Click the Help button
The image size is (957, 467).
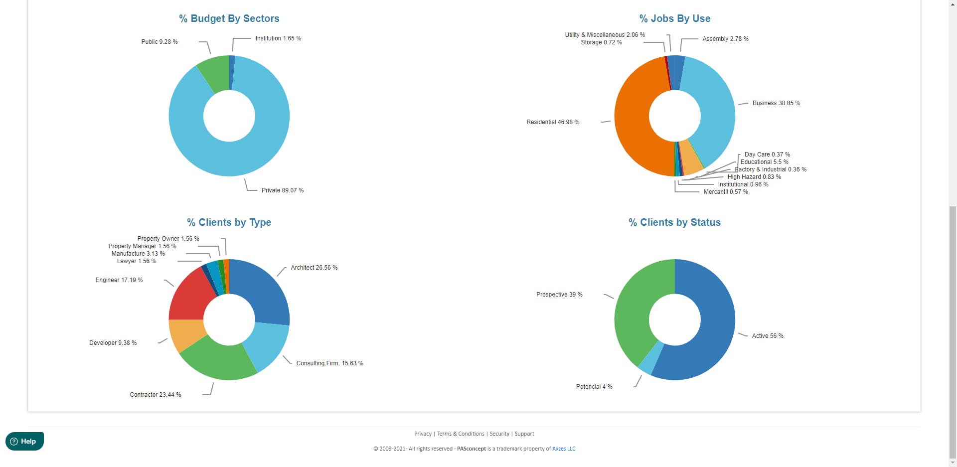[x=24, y=441]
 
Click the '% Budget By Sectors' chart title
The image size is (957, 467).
[x=229, y=19]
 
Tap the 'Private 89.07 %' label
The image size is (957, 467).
[x=283, y=190]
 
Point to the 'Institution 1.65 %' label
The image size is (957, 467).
[x=278, y=38]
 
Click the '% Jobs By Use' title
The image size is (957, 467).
[x=675, y=19]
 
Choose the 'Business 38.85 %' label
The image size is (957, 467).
[x=776, y=103]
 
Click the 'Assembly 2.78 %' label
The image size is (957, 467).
[x=725, y=39]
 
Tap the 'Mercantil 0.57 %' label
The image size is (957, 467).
[x=726, y=192]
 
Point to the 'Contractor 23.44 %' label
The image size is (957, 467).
[x=156, y=395]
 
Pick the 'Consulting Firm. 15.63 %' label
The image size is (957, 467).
[x=330, y=363]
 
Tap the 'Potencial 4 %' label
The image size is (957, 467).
[x=594, y=387]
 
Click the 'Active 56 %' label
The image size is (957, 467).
[x=768, y=336]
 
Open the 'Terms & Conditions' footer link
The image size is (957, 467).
[x=461, y=434]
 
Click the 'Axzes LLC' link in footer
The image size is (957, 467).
[x=564, y=449]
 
